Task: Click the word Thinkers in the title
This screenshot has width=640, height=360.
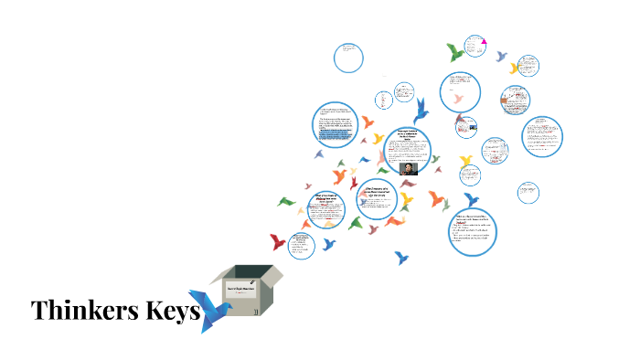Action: point(83,311)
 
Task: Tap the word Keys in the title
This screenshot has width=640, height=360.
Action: point(170,311)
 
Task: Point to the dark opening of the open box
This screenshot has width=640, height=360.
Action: point(246,273)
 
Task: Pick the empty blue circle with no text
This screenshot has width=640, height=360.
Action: point(348,58)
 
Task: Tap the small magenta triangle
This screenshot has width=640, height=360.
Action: point(484,40)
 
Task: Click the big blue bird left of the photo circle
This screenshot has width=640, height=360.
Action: point(421,111)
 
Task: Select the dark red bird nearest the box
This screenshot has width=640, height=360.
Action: point(277,242)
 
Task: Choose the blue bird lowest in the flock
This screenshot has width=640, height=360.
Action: point(401,258)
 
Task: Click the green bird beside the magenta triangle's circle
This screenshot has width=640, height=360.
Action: point(455,52)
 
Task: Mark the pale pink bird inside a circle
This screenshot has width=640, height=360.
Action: point(458,98)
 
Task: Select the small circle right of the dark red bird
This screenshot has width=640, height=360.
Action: point(302,245)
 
